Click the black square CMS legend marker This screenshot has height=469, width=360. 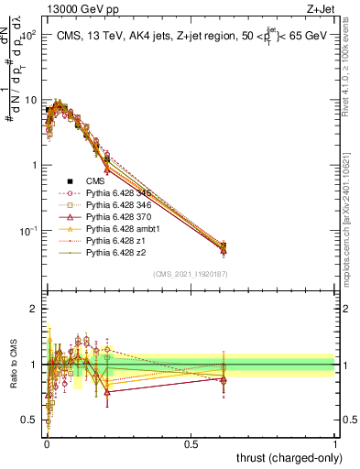(x=72, y=181)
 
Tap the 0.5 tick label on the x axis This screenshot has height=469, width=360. (x=191, y=443)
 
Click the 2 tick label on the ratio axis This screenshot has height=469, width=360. (x=33, y=309)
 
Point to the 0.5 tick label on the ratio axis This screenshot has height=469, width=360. (x=29, y=420)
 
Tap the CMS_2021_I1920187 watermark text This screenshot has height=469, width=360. (x=191, y=275)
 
